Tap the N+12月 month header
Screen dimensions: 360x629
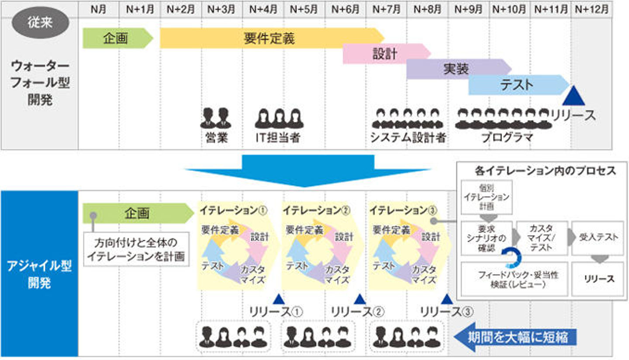[591, 9]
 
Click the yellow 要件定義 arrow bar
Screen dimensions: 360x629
[269, 38]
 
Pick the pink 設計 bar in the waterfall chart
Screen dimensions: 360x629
[384, 54]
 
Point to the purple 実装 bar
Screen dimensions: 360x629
[456, 69]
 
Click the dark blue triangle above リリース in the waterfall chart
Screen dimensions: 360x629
[573, 97]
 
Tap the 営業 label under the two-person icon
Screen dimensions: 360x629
[217, 138]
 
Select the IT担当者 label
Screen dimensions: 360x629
[278, 138]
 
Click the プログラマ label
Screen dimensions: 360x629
[508, 138]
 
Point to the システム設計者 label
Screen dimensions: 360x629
[408, 138]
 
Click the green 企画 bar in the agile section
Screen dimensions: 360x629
[137, 213]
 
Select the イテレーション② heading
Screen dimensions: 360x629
[316, 210]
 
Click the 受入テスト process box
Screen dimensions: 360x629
[598, 238]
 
